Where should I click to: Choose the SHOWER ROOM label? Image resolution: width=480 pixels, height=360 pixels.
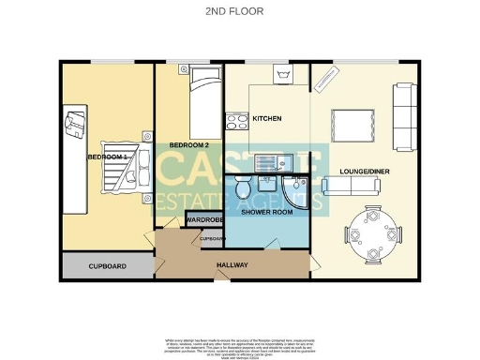[267, 213]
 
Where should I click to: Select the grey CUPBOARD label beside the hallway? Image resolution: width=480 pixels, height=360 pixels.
[107, 266]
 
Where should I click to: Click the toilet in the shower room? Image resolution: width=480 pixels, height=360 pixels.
[244, 188]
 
